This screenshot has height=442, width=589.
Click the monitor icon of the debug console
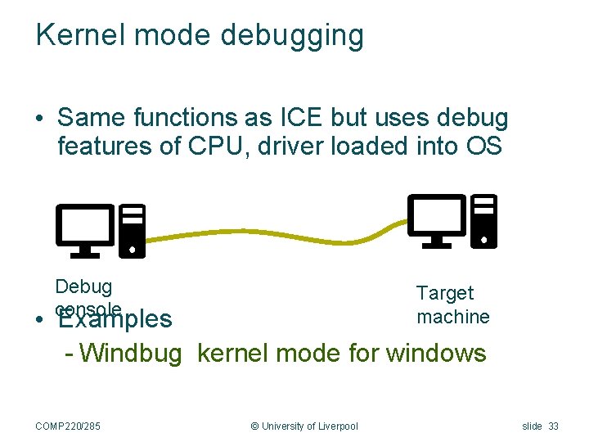84,227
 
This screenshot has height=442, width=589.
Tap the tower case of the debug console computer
133,231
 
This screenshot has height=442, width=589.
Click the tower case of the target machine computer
484,219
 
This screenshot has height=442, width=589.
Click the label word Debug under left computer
83,286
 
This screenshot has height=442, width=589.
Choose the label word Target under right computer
444,293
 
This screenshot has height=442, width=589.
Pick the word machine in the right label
452,316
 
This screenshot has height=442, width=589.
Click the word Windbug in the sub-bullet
131,354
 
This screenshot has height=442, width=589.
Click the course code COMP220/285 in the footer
74,426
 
